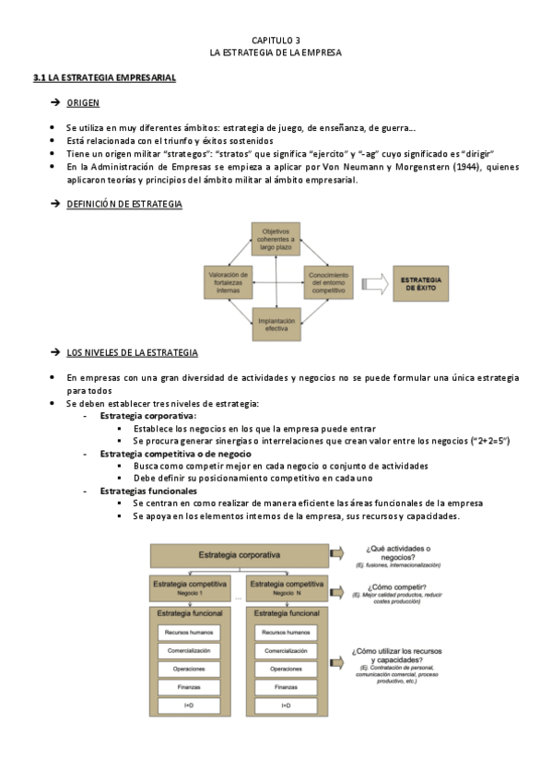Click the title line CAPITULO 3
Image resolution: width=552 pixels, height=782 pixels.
click(276, 41)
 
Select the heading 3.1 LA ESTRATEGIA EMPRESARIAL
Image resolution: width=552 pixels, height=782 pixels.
click(104, 77)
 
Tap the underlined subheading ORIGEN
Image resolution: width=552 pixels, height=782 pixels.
click(83, 102)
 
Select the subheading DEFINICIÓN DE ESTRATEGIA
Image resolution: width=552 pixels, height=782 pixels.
click(124, 203)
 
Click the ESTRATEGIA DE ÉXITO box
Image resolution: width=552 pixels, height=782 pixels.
click(421, 283)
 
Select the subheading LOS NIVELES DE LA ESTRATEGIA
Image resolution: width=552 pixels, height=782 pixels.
click(132, 352)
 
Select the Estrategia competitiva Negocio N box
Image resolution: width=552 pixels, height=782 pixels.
click(286, 587)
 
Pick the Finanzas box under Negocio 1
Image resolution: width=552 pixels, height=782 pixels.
click(189, 687)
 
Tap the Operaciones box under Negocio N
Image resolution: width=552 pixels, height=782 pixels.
click(286, 669)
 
